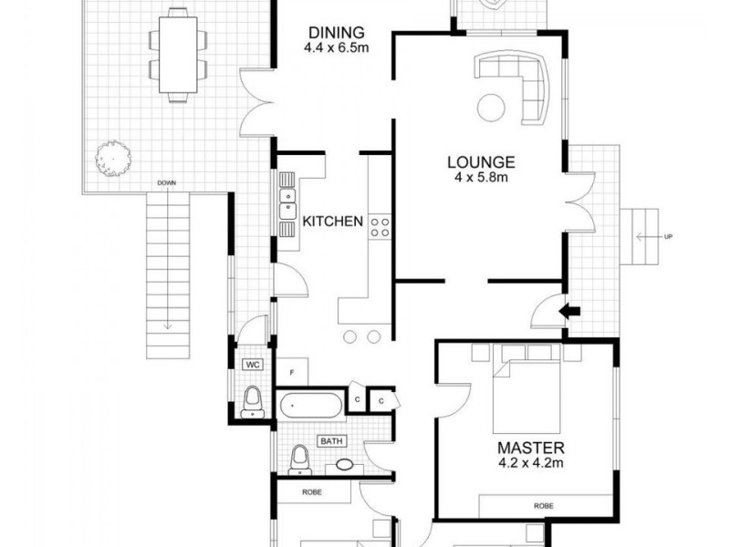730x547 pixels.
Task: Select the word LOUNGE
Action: point(481,162)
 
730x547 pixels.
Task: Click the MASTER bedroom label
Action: point(530,448)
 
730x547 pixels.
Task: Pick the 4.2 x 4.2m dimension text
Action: point(530,463)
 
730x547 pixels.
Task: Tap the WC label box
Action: point(252,365)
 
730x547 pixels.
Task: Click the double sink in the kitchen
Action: point(288,207)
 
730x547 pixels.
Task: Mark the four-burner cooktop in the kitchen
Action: point(381,228)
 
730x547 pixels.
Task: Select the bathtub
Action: point(311,404)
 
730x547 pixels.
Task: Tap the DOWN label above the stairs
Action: point(166,183)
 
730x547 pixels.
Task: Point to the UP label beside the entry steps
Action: point(669,238)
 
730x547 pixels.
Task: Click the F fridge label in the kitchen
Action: point(291,372)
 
